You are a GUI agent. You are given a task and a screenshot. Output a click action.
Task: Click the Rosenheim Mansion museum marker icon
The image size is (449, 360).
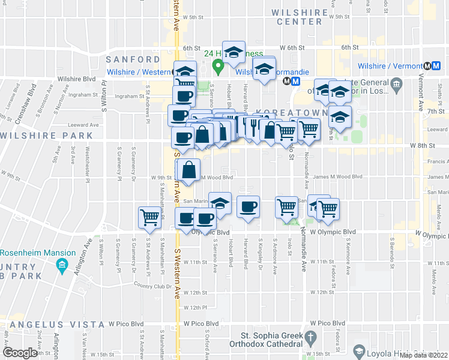pyautogui.click(x=61, y=265)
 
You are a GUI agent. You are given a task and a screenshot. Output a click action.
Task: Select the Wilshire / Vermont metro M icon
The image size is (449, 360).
pyautogui.click(x=427, y=66)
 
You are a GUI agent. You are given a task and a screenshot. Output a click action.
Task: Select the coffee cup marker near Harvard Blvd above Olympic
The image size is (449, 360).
pyautogui.click(x=249, y=208)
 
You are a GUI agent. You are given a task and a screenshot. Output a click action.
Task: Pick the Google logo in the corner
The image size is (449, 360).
pyautogui.click(x=20, y=352)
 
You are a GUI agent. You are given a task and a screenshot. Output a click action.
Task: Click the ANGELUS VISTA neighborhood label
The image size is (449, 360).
pyautogui.click(x=36, y=325)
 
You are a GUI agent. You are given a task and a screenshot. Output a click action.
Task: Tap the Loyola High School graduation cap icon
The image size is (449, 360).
pyautogui.click(x=359, y=350)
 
